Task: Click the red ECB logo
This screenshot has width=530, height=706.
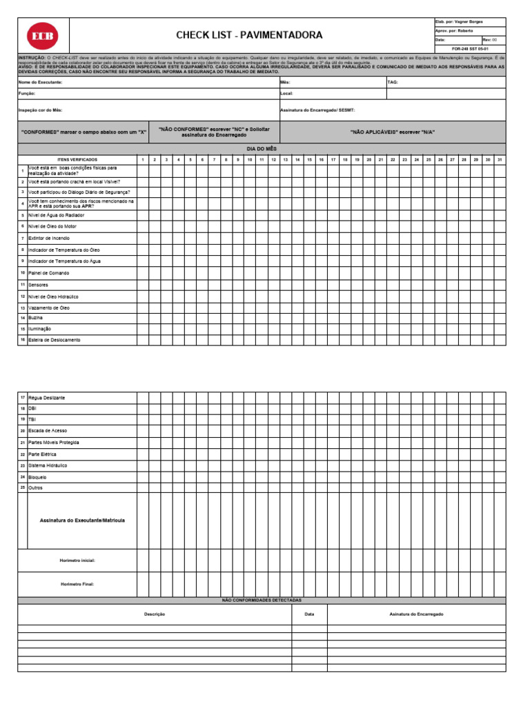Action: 43,36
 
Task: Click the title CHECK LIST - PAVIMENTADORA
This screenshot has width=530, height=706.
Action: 248,35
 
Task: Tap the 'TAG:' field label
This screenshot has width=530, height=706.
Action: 393,82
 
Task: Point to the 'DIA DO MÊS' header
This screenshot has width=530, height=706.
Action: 261,148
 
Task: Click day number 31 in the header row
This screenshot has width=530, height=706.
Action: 500,159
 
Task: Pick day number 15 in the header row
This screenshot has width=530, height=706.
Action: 309,159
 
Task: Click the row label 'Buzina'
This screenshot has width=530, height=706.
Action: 35,318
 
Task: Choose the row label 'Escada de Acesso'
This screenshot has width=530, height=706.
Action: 48,431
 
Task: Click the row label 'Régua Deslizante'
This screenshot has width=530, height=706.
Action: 47,398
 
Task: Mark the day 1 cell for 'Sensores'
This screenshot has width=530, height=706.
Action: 142,284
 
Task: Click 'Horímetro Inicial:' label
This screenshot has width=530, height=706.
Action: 77,561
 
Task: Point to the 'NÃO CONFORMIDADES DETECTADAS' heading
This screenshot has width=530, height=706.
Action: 261,601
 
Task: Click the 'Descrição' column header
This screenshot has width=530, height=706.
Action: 154,614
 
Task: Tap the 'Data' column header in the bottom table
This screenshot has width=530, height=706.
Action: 309,614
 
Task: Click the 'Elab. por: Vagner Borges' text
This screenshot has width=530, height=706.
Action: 460,22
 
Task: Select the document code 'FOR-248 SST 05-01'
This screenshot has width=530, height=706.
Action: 470,49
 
